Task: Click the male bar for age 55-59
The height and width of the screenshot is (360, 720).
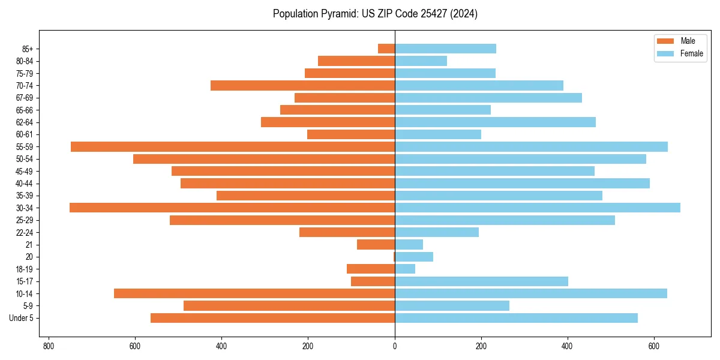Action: coord(233,146)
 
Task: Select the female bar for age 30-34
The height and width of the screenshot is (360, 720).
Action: coord(538,208)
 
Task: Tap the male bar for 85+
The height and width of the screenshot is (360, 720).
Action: coord(386,49)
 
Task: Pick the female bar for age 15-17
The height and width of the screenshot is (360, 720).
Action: coord(481,281)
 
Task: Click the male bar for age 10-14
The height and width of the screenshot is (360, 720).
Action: coord(254,293)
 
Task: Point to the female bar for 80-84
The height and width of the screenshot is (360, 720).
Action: coord(421,61)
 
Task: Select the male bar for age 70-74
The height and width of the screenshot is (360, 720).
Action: coord(302,85)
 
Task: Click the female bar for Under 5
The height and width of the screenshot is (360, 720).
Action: coord(516,318)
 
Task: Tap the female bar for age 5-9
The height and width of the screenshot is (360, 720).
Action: coord(452,305)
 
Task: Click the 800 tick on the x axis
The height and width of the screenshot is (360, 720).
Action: coord(49,347)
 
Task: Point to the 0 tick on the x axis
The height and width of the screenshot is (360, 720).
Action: coord(395,347)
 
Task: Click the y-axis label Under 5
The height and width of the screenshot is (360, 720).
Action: coord(22,318)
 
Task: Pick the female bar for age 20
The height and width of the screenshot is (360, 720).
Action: coord(414,257)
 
